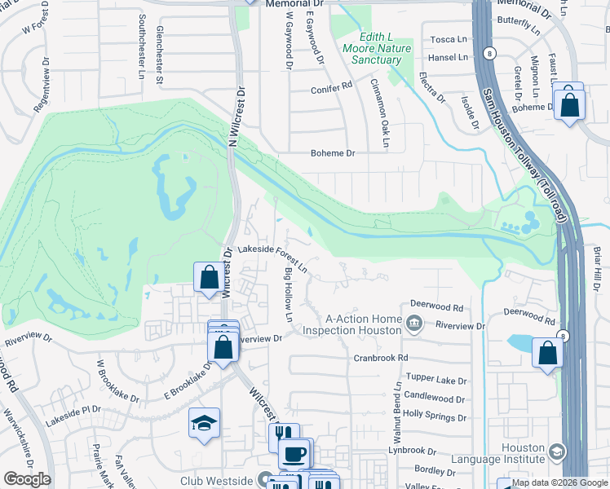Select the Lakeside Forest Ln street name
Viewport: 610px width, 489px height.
coord(272,258)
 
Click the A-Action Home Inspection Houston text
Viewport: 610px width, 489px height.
coord(352,324)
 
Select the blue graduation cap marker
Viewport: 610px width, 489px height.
coord(204,423)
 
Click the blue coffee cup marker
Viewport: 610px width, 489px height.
coord(294,452)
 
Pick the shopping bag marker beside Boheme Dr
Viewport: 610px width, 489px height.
coord(568,104)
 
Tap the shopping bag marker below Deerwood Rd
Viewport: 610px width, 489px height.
coord(547,353)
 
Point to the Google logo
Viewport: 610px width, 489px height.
coord(27,479)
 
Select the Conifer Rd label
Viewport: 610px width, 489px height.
coord(331,86)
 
